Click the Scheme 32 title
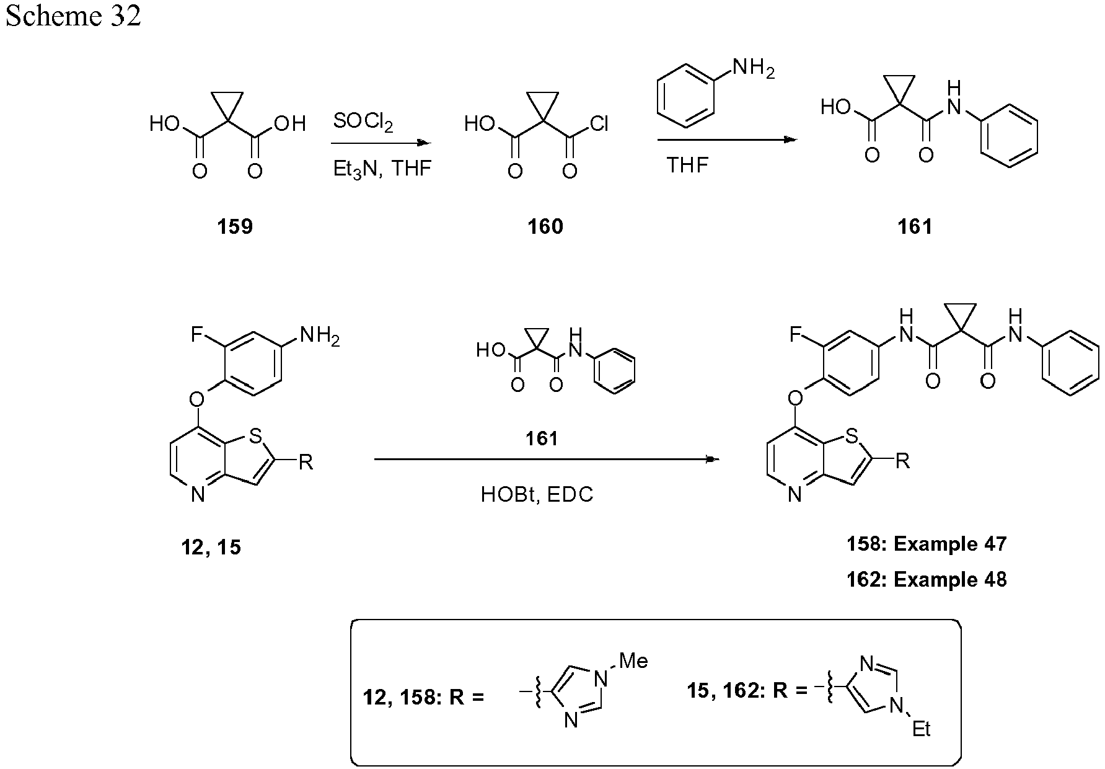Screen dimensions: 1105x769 click(x=73, y=16)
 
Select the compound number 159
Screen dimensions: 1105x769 click(x=235, y=227)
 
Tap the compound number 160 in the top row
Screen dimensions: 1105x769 click(x=545, y=227)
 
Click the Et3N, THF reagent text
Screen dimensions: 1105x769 click(x=382, y=169)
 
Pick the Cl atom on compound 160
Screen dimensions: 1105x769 click(x=599, y=125)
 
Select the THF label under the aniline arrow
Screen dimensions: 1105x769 click(x=687, y=165)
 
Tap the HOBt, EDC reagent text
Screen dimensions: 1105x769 click(x=537, y=494)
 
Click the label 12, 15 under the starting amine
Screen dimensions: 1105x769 click(x=211, y=548)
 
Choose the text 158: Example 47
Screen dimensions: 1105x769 click(x=927, y=544)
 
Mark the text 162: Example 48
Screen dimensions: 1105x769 click(x=927, y=580)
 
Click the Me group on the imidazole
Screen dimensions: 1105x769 click(x=633, y=661)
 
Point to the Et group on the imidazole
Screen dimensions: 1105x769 click(x=921, y=729)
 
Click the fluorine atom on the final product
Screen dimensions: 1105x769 click(x=796, y=336)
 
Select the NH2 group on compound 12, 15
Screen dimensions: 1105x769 click(x=320, y=337)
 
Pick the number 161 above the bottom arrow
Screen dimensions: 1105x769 click(x=542, y=439)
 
